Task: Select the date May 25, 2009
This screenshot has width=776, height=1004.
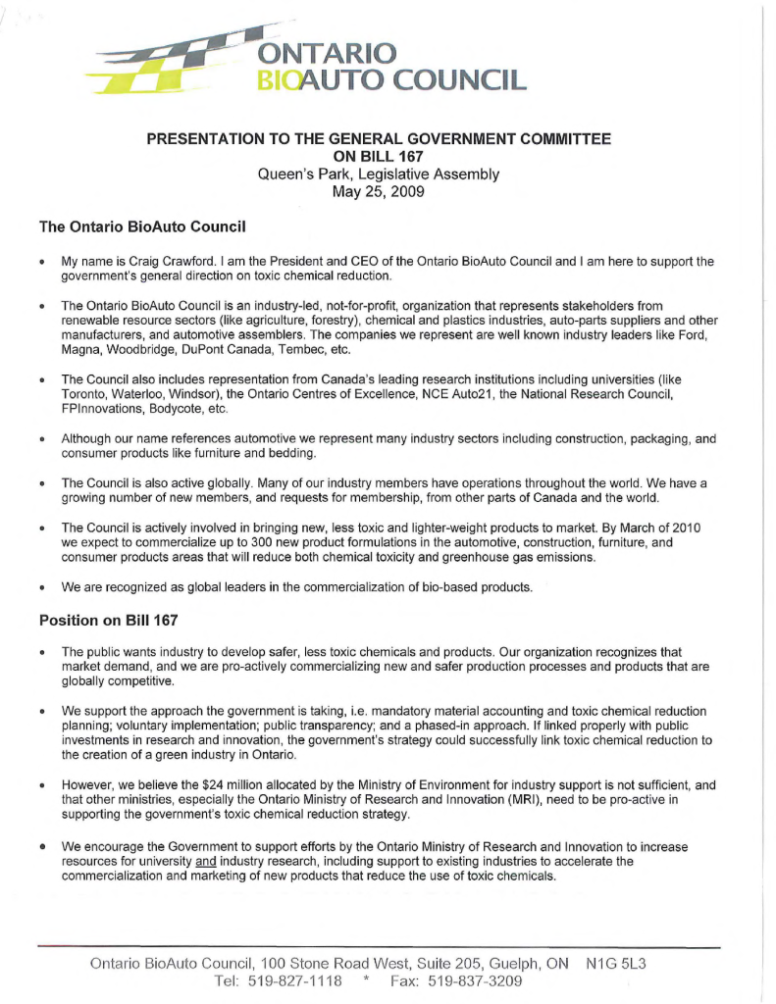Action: [x=379, y=192]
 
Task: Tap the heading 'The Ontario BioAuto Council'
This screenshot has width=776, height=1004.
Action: [x=141, y=227]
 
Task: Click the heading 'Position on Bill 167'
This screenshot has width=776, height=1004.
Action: [x=109, y=620]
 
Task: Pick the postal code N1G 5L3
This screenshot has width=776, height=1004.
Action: [x=615, y=964]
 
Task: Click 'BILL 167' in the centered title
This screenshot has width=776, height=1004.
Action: [x=379, y=157]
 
